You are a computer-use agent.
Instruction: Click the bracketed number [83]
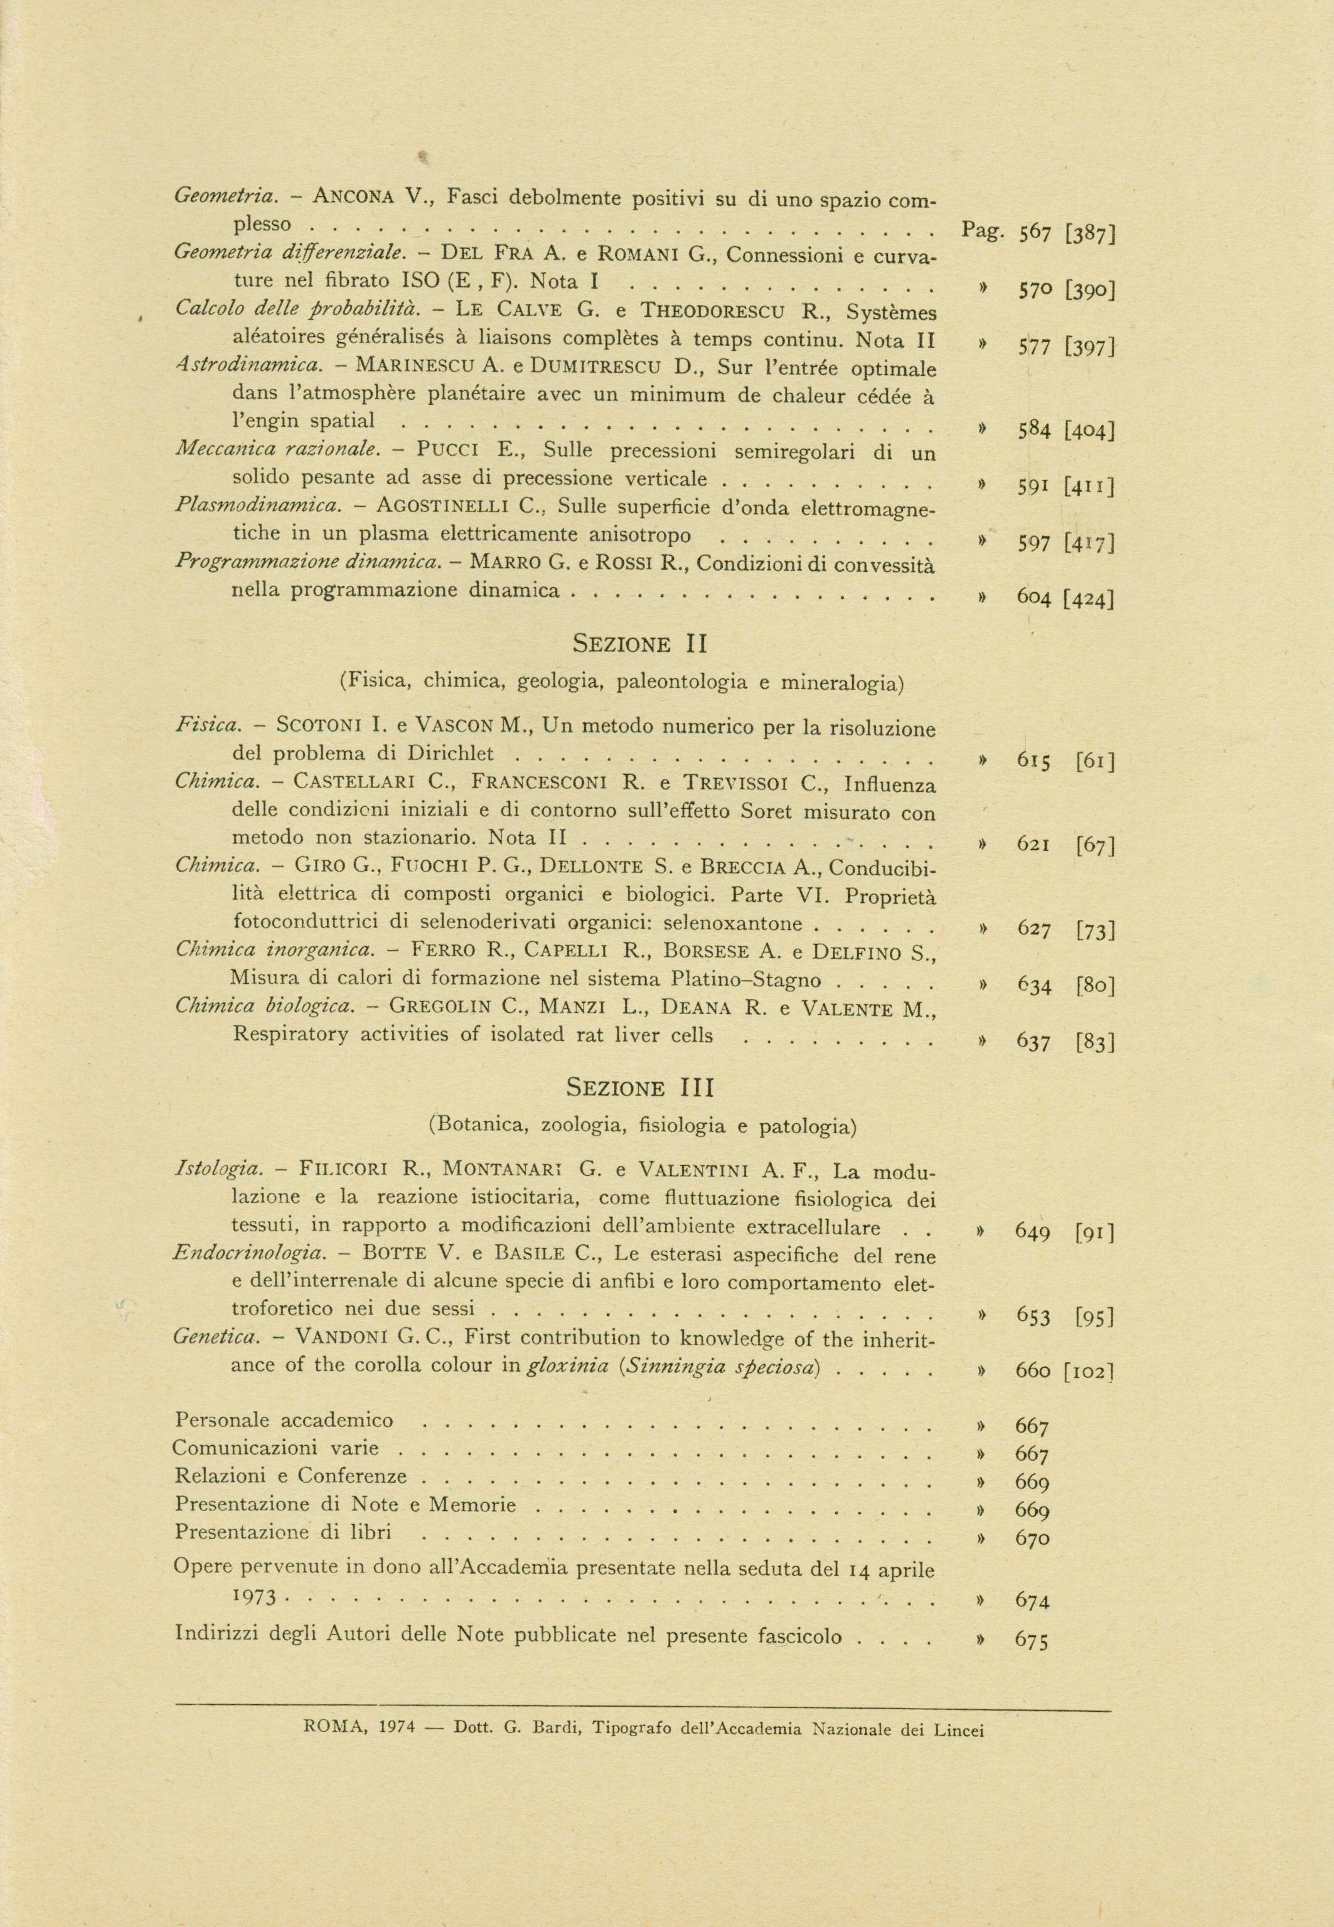tap(1095, 1042)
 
